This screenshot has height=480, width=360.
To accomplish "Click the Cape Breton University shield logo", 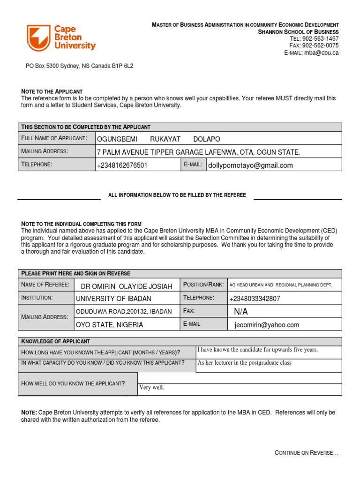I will [x=38, y=38].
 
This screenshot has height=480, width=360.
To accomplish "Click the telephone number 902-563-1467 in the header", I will [x=321, y=38].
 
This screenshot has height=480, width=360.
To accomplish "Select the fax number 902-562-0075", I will [x=321, y=45].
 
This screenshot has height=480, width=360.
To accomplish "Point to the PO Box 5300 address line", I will [x=79, y=66].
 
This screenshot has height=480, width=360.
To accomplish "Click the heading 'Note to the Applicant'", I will [x=52, y=91].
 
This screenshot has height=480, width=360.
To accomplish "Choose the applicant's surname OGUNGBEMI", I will [x=115, y=139].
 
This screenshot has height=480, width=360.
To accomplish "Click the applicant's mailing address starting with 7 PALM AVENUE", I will [x=198, y=152].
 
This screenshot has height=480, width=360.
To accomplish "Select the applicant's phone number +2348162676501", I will [x=122, y=165].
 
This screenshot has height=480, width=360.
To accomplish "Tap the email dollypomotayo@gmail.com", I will [x=250, y=165].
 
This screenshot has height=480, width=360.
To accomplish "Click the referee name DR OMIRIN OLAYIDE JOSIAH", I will [x=127, y=286].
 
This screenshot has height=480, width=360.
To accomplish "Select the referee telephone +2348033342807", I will [x=255, y=299].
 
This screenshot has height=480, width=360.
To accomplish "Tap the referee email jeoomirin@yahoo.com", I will [x=267, y=325].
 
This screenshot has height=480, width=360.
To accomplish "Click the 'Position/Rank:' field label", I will [x=203, y=285].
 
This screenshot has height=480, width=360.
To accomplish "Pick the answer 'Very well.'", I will [x=152, y=388].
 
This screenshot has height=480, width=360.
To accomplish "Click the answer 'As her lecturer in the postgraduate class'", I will [x=244, y=363].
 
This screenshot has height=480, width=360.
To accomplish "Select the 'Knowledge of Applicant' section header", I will [x=56, y=341].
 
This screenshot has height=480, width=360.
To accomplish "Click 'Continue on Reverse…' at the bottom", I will [x=306, y=453].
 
